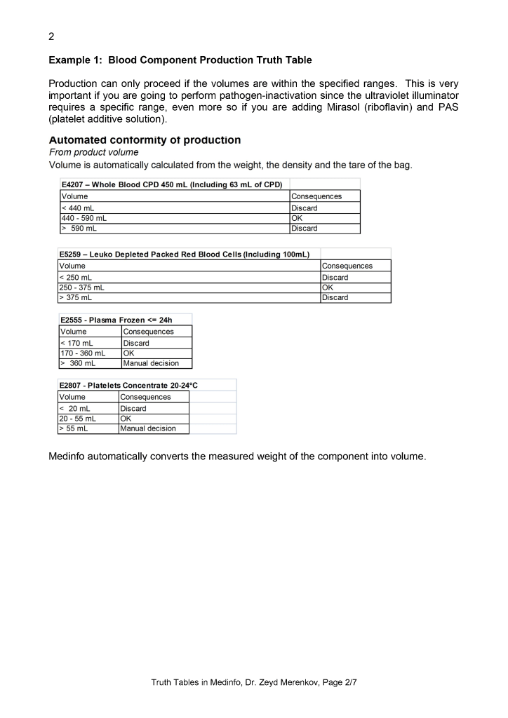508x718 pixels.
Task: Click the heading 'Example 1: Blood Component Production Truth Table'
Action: point(180,60)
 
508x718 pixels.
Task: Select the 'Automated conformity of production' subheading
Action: point(145,140)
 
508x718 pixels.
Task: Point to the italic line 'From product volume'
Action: point(93,152)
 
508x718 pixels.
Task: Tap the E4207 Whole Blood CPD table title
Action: point(172,184)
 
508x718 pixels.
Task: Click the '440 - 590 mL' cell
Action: point(84,218)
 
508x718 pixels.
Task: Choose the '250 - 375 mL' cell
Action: point(81,287)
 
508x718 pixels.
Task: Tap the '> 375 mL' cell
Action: point(76,297)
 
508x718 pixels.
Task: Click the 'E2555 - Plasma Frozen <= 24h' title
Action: point(116,320)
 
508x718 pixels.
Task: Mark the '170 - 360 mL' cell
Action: point(83,353)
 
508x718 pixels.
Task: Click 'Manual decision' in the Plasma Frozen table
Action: point(151,363)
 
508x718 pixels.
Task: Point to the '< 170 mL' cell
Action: point(77,343)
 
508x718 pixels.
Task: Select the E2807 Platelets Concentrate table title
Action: point(129,385)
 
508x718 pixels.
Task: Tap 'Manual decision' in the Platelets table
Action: point(148,428)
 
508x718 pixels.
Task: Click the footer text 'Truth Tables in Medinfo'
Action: point(201,682)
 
